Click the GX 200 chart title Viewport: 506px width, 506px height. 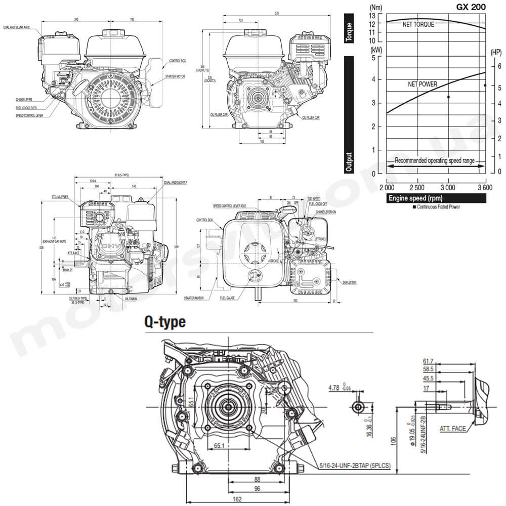[470, 7]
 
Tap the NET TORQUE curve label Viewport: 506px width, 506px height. [418, 24]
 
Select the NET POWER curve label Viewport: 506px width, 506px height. [423, 84]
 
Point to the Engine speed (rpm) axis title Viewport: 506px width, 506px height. [415, 198]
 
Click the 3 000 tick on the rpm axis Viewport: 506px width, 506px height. [448, 188]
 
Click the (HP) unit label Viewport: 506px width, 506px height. [496, 52]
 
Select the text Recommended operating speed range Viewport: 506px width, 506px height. [435, 160]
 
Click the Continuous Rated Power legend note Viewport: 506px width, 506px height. [438, 207]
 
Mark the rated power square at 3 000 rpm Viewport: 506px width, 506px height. [448, 97]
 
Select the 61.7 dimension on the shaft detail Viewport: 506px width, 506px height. [428, 361]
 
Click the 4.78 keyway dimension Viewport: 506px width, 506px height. [334, 388]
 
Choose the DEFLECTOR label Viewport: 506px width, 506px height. [349, 282]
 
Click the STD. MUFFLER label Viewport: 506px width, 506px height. [60, 196]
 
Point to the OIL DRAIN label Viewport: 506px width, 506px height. [130, 299]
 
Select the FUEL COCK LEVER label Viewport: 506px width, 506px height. [26, 108]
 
